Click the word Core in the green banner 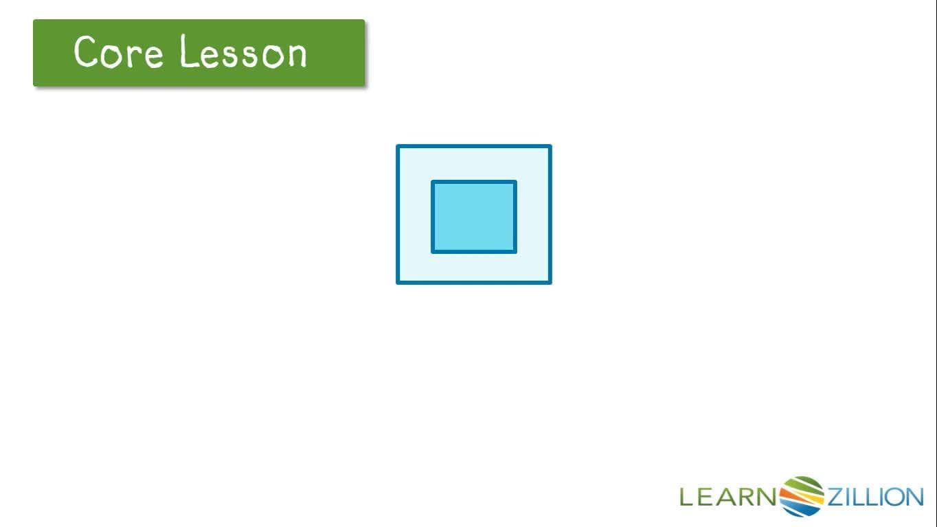tap(118, 52)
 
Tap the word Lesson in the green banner tap(243, 52)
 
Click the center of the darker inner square tap(474, 217)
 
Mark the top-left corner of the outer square tap(398, 146)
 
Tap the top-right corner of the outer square tap(550, 146)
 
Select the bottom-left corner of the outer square tap(398, 282)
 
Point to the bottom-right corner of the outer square tap(550, 282)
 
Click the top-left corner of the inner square tap(433, 182)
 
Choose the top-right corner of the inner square tap(515, 182)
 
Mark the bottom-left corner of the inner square tap(433, 252)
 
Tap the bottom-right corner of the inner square tap(515, 252)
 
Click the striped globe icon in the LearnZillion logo tap(802, 495)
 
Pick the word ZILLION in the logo tap(874, 497)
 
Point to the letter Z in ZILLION tap(835, 497)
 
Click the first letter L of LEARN tap(686, 497)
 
